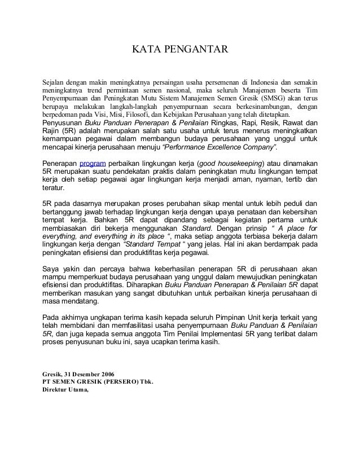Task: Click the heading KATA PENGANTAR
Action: click(x=180, y=52)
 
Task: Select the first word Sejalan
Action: click(x=55, y=82)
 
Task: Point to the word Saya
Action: click(x=52, y=269)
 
